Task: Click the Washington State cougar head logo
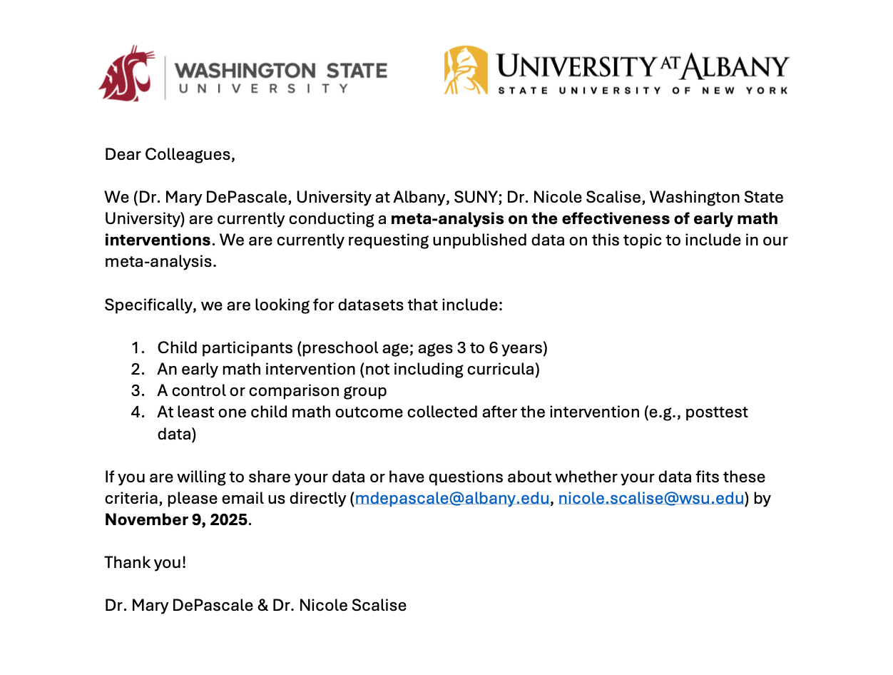(x=127, y=72)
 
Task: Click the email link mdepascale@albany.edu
(x=452, y=498)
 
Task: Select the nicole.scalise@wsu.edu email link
(x=650, y=498)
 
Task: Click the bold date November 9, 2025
(x=176, y=519)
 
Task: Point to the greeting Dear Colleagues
(x=170, y=154)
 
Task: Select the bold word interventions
(x=158, y=240)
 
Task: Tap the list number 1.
(x=137, y=348)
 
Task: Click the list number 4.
(x=137, y=412)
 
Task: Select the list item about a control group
(x=272, y=391)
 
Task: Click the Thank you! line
(x=146, y=562)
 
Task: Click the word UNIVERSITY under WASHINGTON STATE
(x=263, y=89)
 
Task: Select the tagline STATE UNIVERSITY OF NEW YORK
(x=643, y=91)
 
